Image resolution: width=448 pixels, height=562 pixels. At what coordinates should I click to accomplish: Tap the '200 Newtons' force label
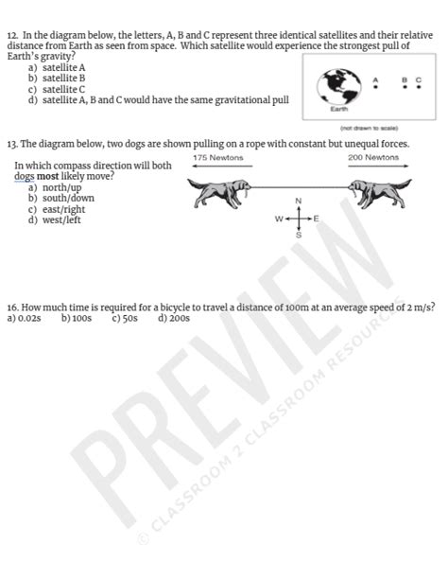(x=373, y=157)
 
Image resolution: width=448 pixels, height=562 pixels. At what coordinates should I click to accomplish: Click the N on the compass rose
(x=298, y=201)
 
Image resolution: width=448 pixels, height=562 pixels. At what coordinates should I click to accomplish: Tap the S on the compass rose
(x=298, y=234)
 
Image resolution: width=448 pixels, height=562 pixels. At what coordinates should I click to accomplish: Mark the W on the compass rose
(x=279, y=219)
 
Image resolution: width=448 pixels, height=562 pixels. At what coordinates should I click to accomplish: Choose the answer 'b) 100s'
(x=77, y=319)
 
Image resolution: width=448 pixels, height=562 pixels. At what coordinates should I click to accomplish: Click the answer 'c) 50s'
(x=124, y=319)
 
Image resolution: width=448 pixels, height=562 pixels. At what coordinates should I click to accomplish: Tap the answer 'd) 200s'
(x=174, y=319)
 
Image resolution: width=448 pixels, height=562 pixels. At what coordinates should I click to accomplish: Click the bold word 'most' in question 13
(x=47, y=177)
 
